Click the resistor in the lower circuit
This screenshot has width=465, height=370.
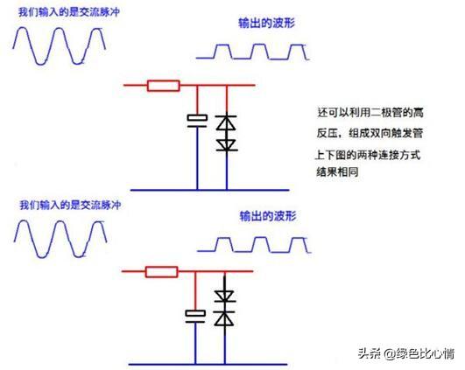[161, 271]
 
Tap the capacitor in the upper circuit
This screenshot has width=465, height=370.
[195, 120]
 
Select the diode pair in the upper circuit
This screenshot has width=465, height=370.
[227, 133]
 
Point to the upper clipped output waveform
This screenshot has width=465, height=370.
[251, 52]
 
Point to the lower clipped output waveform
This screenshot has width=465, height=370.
[250, 242]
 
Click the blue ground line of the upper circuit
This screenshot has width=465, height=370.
[193, 188]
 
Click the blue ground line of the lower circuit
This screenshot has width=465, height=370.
[193, 363]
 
